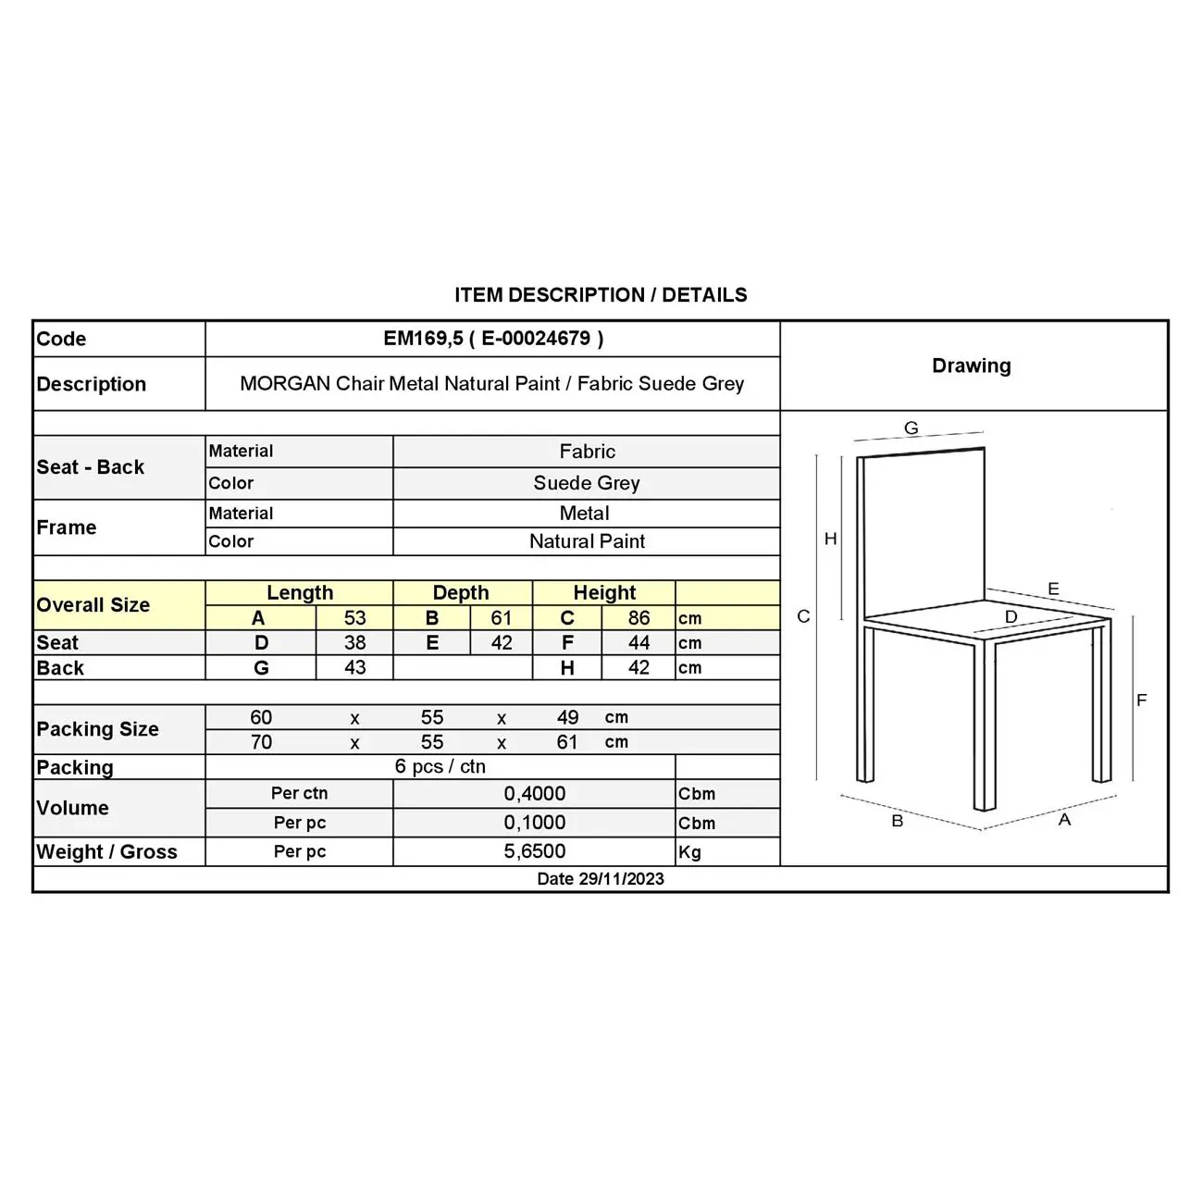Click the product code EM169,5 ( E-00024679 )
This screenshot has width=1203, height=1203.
(493, 339)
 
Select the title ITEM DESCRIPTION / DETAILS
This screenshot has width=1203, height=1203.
(601, 295)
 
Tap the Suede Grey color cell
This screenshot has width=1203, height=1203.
(587, 483)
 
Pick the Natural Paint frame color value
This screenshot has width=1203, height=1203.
(587, 541)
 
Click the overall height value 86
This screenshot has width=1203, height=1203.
(639, 618)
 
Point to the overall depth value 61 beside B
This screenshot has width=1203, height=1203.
(501, 618)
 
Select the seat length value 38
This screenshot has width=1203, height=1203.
(354, 643)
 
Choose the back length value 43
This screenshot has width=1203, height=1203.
(354, 668)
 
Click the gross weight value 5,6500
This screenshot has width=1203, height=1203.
(535, 851)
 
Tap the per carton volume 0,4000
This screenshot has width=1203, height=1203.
(535, 794)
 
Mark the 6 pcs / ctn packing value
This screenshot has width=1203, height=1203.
(440, 767)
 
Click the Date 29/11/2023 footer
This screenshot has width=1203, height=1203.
(601, 879)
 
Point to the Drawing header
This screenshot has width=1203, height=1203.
(972, 366)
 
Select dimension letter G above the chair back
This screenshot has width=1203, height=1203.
(912, 428)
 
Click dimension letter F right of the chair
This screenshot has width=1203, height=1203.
(1141, 701)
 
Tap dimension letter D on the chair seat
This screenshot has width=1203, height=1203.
(1011, 617)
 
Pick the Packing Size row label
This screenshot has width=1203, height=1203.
(97, 729)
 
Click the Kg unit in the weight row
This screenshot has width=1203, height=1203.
(690, 852)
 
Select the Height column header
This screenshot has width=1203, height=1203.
(604, 593)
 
